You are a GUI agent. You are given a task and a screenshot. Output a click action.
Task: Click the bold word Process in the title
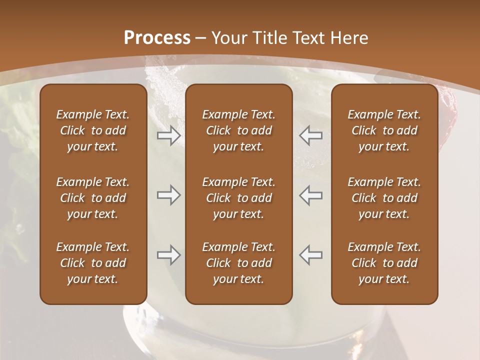157,38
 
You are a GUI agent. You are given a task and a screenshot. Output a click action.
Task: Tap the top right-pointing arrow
168,135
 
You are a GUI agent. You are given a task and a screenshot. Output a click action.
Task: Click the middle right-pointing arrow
168,195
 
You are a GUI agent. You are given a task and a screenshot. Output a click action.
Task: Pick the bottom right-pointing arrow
168,255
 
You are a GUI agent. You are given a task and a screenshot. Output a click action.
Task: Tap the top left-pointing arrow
310,135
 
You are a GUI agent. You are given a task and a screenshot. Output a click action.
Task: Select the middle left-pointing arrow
310,195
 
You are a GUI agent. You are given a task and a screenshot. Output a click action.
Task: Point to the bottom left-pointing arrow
310,255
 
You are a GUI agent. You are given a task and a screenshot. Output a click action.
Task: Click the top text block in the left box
93,130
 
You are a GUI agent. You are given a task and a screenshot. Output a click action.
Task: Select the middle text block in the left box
93,198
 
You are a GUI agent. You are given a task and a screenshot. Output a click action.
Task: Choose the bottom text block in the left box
93,263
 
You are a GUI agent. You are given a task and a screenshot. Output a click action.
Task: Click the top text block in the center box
238,130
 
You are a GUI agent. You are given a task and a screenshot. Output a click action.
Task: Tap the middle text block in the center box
238,198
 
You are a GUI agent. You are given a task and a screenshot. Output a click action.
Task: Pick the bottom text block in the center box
238,263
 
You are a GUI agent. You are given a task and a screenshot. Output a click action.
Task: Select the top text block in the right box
384,130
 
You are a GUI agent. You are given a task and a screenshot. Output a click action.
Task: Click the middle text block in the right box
384,198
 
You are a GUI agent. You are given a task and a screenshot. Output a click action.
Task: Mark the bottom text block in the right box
384,263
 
